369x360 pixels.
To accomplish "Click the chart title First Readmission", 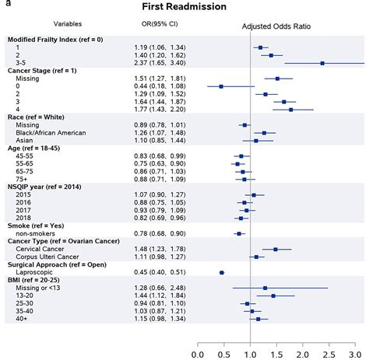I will [x=184, y=7].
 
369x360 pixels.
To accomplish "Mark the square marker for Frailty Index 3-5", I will [x=322, y=63].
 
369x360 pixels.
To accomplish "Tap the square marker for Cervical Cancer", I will [x=276, y=249].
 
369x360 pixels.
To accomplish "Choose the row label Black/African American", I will [x=58, y=132].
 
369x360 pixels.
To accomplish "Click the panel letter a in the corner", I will [x=3, y=4].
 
